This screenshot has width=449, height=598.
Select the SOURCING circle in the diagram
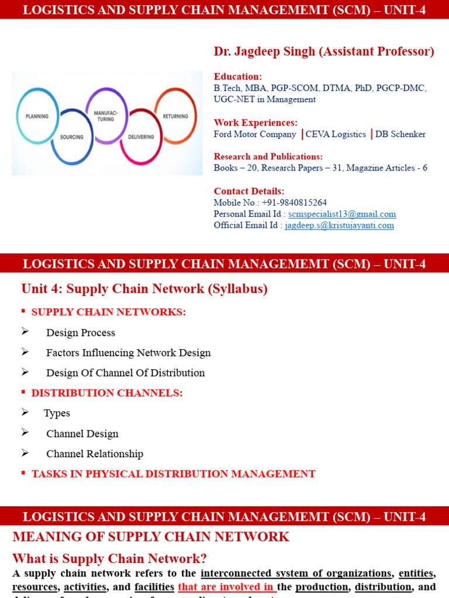point(72,137)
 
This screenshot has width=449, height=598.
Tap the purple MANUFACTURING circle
point(106,116)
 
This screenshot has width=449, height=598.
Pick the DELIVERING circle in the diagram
point(141,137)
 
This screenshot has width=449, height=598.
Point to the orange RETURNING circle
point(175,116)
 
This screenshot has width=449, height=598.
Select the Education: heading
point(238,77)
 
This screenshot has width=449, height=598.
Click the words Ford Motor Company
point(255,134)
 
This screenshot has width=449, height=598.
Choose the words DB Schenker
point(400,134)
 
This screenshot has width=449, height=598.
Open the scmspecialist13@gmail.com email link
point(342,214)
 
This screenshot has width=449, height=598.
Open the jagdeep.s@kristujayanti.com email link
point(339,225)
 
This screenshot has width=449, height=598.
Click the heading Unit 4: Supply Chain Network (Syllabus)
point(144,288)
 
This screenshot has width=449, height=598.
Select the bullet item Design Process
point(81,333)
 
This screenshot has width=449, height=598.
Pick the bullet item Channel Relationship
point(95,454)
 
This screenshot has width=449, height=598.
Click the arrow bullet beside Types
point(25,412)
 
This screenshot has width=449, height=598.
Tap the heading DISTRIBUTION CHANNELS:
point(107,393)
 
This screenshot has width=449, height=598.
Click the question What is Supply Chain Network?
point(110,558)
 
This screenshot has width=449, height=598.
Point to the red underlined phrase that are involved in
point(227,587)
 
